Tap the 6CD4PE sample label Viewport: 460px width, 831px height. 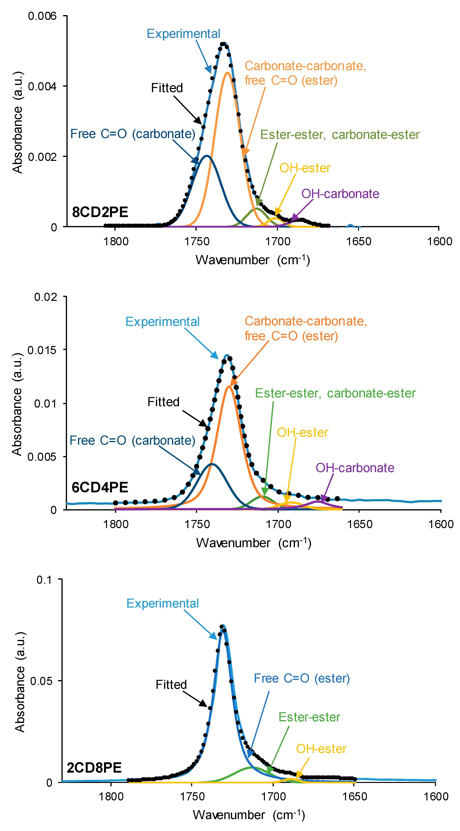[100, 487]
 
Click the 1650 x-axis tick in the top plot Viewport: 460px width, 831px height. [359, 241]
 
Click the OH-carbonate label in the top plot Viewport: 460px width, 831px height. [340, 194]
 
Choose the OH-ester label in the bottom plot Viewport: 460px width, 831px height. [321, 749]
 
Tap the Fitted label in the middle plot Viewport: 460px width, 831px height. [163, 402]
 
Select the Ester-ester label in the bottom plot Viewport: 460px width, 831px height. [309, 717]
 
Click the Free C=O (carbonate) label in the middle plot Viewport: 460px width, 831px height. [132, 440]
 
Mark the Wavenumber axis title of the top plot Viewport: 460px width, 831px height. [253, 260]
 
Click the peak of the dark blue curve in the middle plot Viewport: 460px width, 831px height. [212, 464]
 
